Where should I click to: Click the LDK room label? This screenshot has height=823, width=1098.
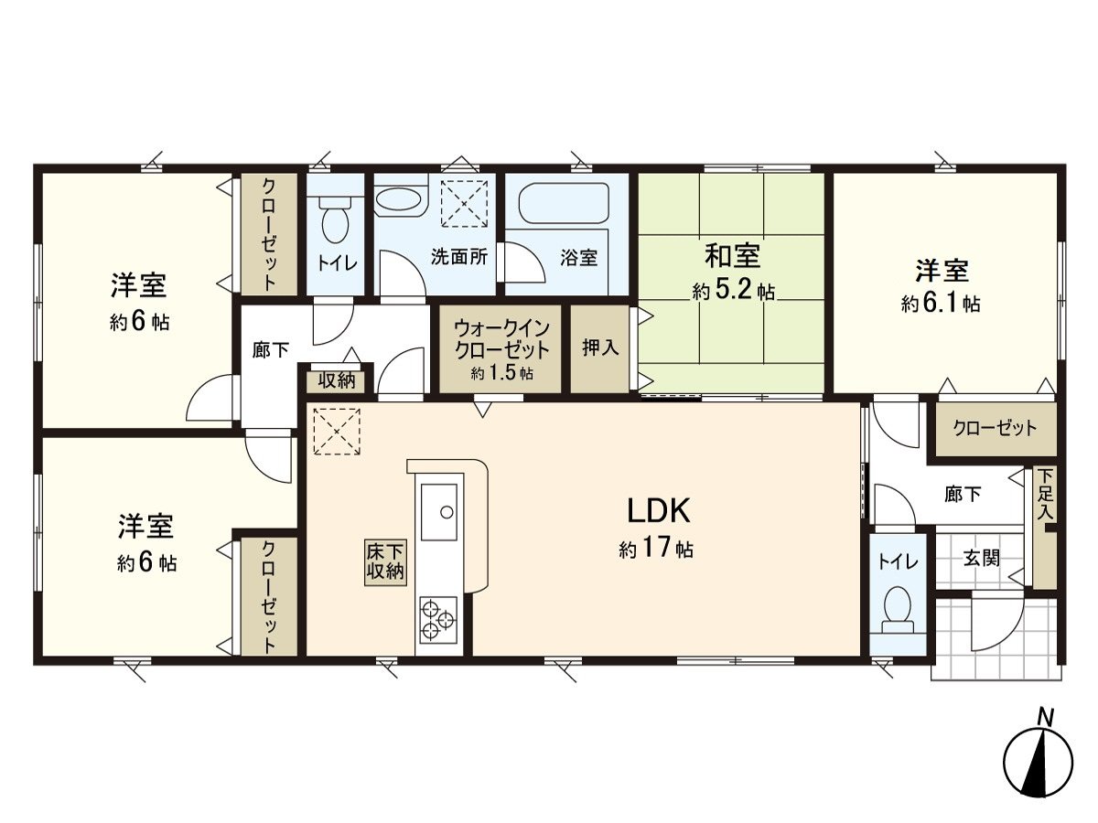coord(651,508)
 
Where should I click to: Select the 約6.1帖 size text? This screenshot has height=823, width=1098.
coord(941,304)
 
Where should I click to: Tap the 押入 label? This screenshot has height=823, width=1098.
coord(600,348)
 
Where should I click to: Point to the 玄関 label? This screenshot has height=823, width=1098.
coord(981,558)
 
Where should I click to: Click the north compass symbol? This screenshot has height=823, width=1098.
coord(1038,761)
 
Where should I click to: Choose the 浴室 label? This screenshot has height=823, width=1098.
coord(578,258)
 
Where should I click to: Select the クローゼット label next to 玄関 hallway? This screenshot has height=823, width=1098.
coord(995,428)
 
